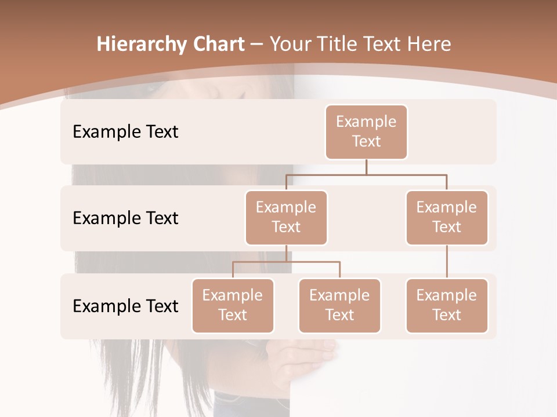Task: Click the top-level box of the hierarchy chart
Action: pyautogui.click(x=366, y=131)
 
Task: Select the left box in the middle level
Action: pyautogui.click(x=286, y=217)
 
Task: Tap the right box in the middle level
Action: pyautogui.click(x=447, y=217)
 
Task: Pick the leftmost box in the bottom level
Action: pyautogui.click(x=233, y=305)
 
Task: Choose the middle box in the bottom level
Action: pyautogui.click(x=339, y=305)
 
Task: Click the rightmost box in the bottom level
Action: pyautogui.click(x=447, y=305)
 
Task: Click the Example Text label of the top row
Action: pyautogui.click(x=125, y=131)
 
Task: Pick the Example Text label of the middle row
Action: pyautogui.click(x=125, y=218)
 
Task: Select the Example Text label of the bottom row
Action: pyautogui.click(x=125, y=306)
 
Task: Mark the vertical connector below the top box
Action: pyautogui.click(x=366, y=167)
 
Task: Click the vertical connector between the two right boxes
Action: pyautogui.click(x=447, y=262)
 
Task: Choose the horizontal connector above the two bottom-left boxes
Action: pyautogui.click(x=286, y=262)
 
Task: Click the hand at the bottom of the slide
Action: pyautogui.click(x=308, y=354)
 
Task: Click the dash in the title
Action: pyautogui.click(x=257, y=45)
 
